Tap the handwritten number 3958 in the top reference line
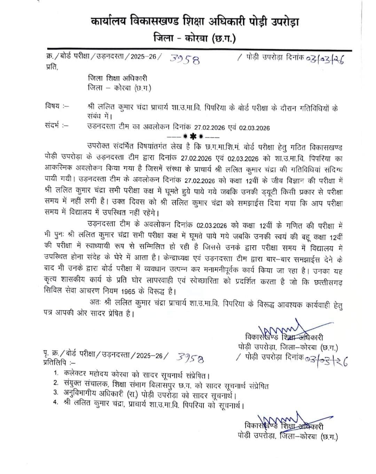[x=185, y=60]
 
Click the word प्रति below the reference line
[x=52, y=67]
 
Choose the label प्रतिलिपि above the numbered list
[x=55, y=362]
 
